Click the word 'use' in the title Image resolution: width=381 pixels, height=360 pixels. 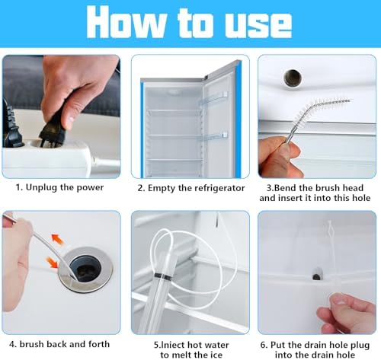(258, 23)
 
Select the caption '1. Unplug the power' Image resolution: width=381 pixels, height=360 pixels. (59, 187)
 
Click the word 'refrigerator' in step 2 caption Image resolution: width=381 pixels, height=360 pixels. (219, 188)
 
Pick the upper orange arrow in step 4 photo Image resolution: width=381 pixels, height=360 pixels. (57, 239)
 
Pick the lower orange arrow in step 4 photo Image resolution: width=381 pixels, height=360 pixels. (52, 263)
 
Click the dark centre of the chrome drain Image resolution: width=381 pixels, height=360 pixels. (85, 269)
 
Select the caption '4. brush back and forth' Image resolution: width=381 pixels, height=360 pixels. (59, 344)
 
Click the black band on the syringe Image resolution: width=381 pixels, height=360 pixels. (162, 276)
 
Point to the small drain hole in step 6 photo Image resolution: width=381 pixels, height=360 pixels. (317, 275)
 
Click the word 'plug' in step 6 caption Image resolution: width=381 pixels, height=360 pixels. (360, 346)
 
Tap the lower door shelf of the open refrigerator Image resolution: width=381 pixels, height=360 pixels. (213, 137)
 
